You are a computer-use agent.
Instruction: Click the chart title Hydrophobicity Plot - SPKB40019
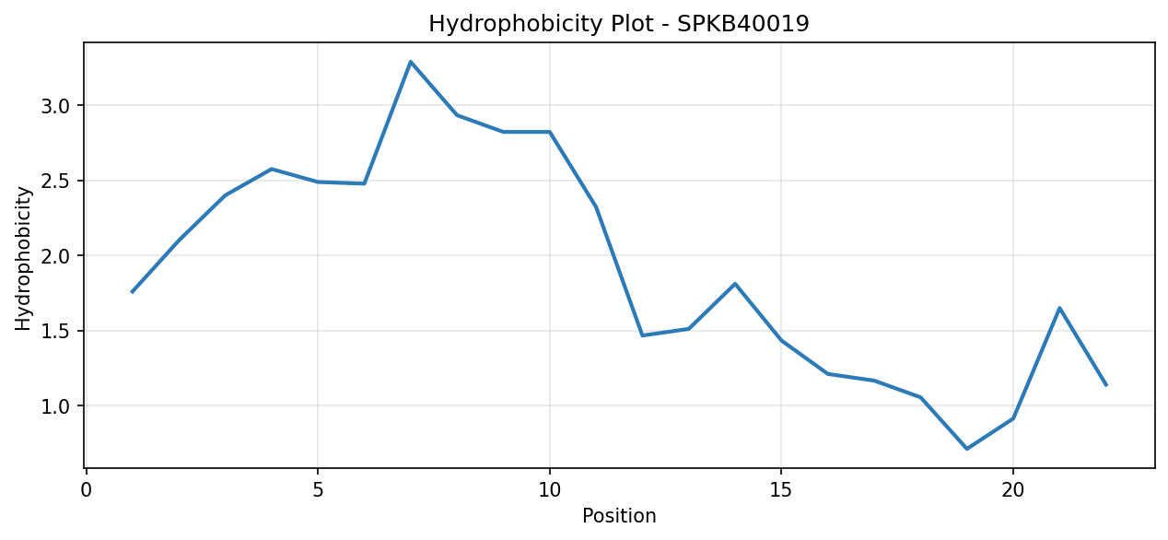618,24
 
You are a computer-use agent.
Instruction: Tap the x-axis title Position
619,516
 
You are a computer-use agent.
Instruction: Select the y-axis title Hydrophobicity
23,259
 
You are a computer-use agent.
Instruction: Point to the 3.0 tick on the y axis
54,106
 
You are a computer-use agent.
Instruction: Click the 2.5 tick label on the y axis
54,181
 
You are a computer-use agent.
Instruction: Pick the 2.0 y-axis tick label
54,256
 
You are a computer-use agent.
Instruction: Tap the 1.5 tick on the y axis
54,332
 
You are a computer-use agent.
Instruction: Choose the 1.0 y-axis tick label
54,406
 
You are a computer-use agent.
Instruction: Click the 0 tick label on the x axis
87,490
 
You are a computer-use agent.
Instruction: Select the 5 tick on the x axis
318,490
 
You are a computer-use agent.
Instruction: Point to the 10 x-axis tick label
550,490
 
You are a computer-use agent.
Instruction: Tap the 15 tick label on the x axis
781,490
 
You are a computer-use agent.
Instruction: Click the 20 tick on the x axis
1012,490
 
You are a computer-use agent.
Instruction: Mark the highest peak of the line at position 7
411,62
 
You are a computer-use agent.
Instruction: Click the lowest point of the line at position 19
966,449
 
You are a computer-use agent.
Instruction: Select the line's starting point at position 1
133,291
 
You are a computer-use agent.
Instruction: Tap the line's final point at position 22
1105,385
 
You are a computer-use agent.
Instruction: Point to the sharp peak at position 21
1059,308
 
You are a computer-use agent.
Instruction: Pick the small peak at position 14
735,284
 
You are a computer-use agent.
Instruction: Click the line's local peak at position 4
272,169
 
